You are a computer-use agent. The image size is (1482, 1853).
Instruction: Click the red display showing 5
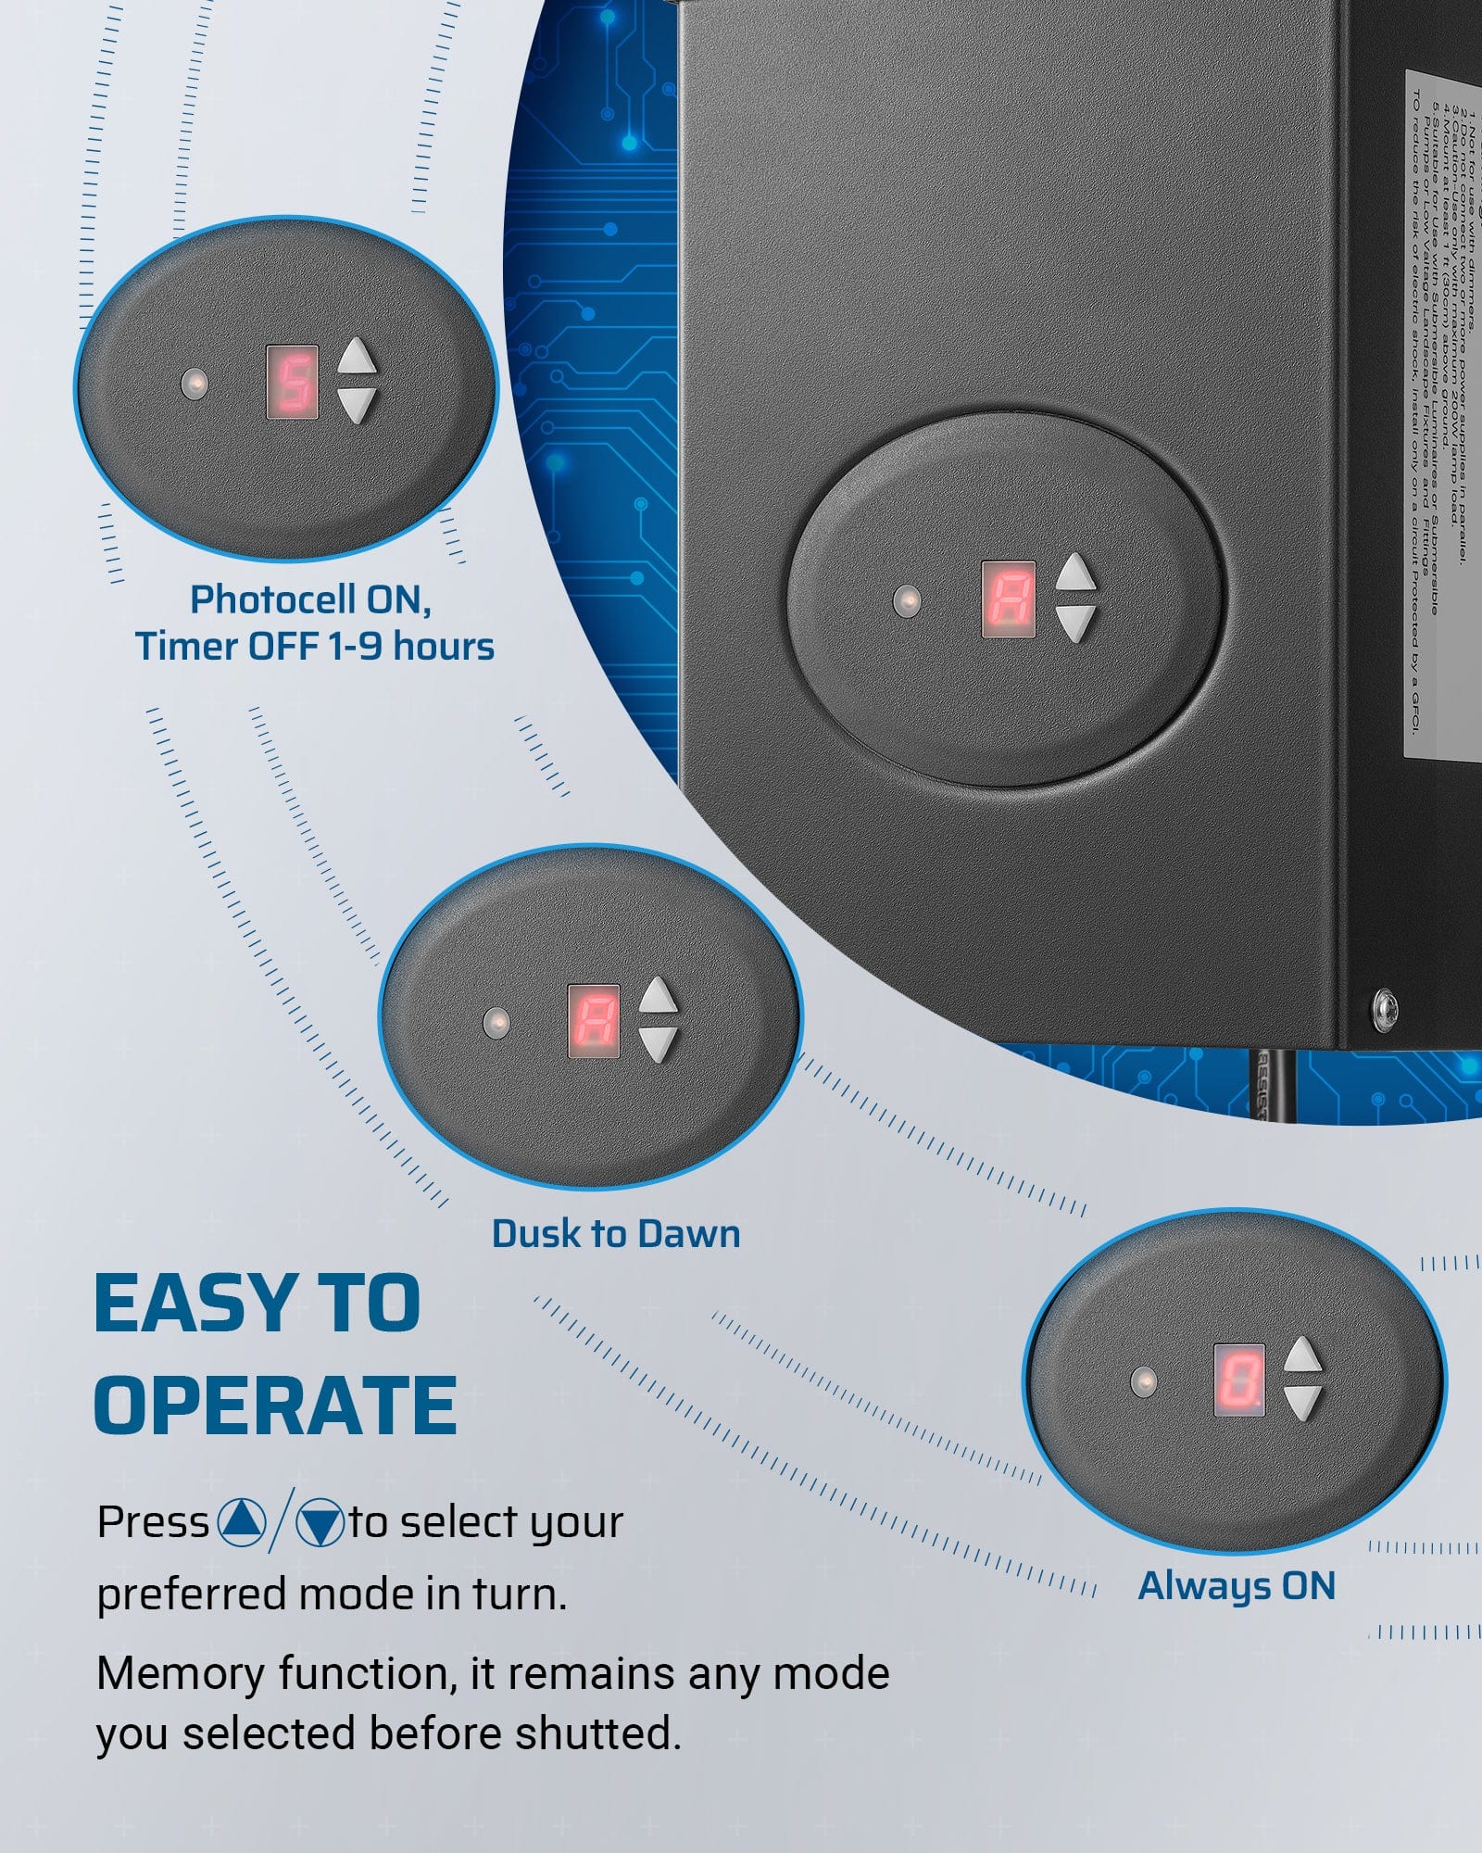(x=293, y=382)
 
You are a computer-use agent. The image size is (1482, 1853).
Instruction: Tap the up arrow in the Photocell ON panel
(x=357, y=357)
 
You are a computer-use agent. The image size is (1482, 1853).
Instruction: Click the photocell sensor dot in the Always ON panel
(x=1144, y=1381)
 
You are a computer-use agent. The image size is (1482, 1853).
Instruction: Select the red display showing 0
(x=1239, y=1380)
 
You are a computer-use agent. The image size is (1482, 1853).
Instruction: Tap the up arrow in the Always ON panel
(x=1302, y=1355)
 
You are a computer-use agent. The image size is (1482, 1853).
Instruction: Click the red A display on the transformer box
(x=1008, y=599)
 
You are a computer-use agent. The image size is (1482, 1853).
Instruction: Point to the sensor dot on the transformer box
(x=907, y=600)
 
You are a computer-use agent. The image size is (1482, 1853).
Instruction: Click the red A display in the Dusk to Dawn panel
(x=593, y=1021)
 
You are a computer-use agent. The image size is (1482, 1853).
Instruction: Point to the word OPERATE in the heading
(x=275, y=1406)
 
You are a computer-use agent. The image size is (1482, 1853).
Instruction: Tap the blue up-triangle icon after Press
(x=242, y=1522)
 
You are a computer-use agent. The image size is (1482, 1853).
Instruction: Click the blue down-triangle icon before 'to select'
(x=320, y=1522)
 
